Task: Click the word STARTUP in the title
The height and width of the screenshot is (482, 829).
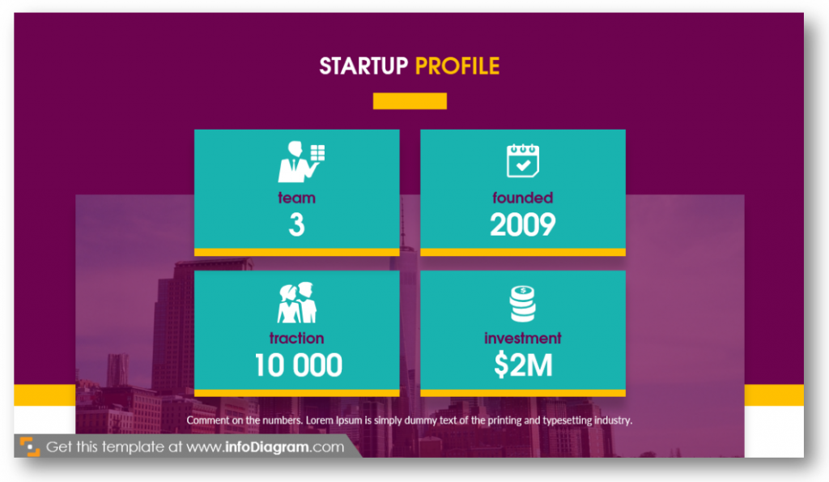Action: (x=363, y=66)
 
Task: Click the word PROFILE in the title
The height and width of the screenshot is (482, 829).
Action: (x=457, y=66)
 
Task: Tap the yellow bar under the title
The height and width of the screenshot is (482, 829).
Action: (x=410, y=101)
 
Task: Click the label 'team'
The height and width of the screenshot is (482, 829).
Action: (x=296, y=198)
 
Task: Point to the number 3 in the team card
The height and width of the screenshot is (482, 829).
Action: (x=296, y=224)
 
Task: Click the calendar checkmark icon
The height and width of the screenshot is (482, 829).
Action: (x=523, y=160)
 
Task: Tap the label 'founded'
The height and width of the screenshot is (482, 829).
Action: (x=523, y=198)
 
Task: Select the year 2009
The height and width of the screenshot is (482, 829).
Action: (x=523, y=224)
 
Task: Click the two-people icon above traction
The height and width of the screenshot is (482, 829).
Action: (x=297, y=303)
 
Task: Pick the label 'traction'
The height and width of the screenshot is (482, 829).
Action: (x=296, y=338)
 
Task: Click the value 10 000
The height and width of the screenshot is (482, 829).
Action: (x=298, y=365)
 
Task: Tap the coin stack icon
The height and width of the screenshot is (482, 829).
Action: (x=523, y=304)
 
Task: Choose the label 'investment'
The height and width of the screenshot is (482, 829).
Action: (x=523, y=338)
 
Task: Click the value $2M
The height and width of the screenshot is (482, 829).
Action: (x=524, y=365)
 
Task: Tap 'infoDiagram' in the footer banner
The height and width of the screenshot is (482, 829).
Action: (x=267, y=447)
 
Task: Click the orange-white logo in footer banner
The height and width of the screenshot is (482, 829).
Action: (x=30, y=446)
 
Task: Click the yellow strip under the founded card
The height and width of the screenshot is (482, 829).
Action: (x=523, y=253)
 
